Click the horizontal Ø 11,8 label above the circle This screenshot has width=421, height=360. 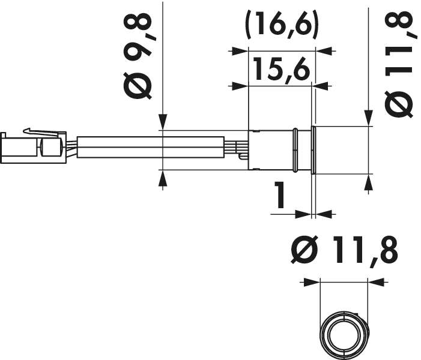(344, 250)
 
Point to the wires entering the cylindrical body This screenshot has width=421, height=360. (241, 149)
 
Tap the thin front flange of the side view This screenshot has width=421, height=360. (312, 149)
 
